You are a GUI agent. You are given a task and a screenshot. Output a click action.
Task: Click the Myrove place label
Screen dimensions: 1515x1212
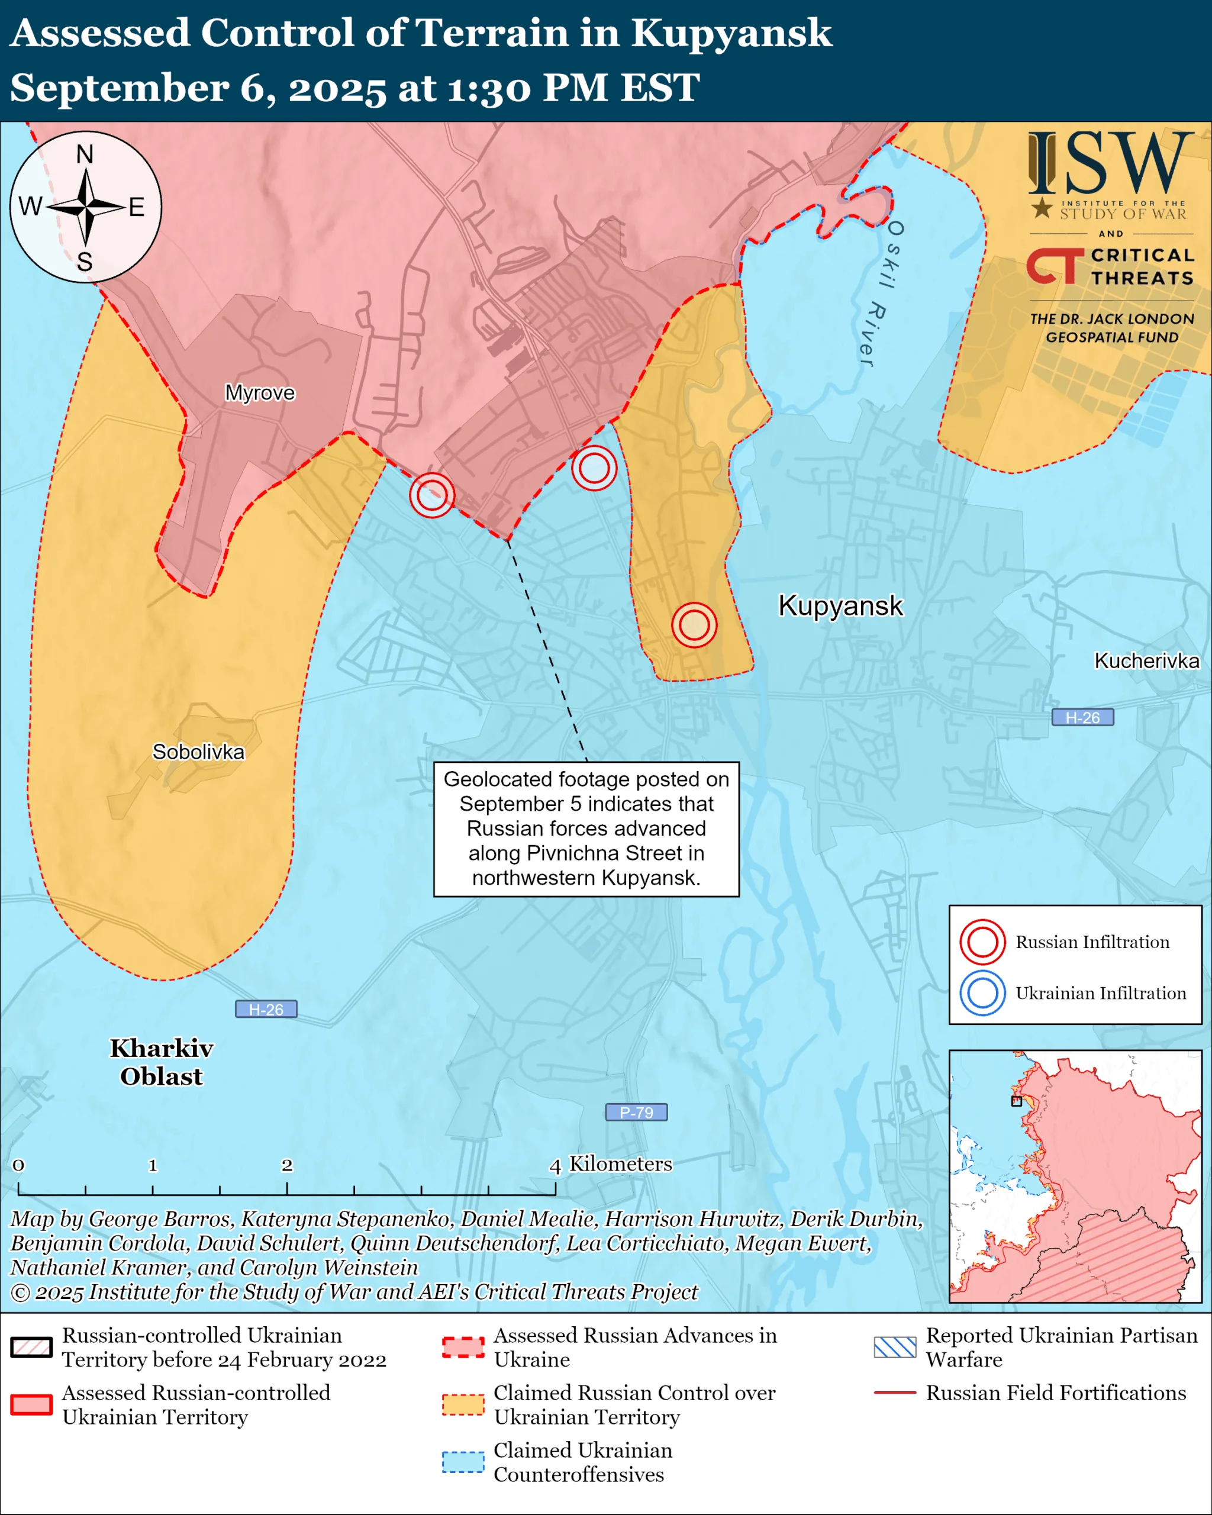tap(259, 392)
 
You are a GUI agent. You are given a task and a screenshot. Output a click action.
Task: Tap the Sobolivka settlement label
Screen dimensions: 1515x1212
tap(198, 752)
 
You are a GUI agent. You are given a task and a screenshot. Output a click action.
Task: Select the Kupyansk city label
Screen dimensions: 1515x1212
tap(840, 606)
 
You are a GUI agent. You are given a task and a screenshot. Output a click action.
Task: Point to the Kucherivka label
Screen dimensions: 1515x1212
tap(1147, 660)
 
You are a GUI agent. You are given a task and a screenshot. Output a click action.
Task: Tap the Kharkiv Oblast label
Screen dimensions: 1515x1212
tap(161, 1062)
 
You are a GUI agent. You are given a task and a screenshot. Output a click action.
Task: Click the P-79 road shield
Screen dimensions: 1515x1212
tap(636, 1113)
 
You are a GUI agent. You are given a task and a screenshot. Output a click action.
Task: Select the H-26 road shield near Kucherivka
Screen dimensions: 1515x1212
tap(1082, 717)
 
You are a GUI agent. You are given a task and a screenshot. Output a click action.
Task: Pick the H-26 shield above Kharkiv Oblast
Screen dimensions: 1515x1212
tap(266, 1009)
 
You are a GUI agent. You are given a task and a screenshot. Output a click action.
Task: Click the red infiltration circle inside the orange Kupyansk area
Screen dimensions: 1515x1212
tap(694, 625)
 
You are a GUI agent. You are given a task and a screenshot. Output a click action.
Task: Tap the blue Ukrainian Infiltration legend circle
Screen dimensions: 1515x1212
tap(982, 993)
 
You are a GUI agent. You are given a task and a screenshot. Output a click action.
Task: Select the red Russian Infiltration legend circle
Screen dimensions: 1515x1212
tap(982, 942)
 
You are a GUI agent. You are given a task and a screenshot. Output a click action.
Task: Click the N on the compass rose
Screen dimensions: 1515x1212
tap(85, 154)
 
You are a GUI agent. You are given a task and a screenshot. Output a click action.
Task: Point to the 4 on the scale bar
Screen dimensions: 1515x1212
tap(555, 1166)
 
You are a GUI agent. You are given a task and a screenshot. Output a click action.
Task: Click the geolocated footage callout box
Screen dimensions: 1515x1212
tap(586, 829)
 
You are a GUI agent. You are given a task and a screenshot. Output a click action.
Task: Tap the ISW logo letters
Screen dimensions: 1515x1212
tap(1110, 164)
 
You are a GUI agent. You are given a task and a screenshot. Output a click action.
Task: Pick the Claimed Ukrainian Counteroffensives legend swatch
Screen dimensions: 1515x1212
tap(463, 1462)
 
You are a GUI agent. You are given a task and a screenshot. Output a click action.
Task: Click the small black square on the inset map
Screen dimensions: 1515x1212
tap(1016, 1101)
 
